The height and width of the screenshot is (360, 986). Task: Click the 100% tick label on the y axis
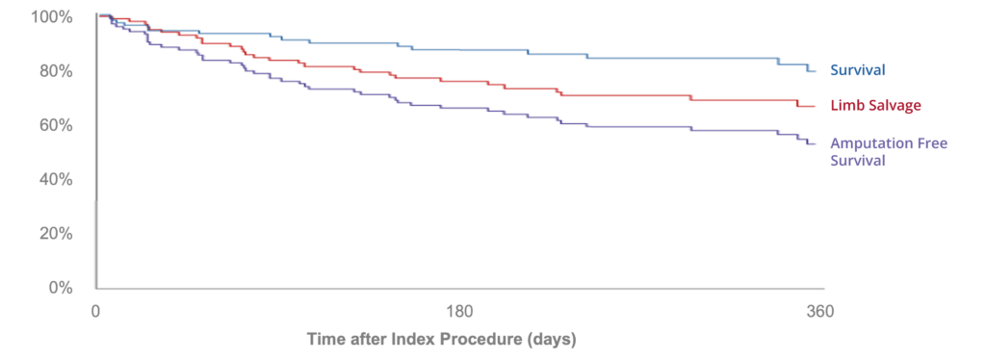pyautogui.click(x=47, y=17)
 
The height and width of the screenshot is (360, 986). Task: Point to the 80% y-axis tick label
pyautogui.click(x=50, y=71)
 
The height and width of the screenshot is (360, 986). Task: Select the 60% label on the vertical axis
pyautogui.click(x=50, y=125)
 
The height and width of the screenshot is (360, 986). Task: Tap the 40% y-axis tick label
pyautogui.click(x=50, y=179)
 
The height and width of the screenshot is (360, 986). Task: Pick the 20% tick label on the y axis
pyautogui.click(x=50, y=234)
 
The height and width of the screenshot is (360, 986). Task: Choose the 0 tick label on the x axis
pyautogui.click(x=95, y=312)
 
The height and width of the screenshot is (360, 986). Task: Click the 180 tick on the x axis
pyautogui.click(x=458, y=312)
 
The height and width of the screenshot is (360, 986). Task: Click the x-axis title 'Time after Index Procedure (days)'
pyautogui.click(x=441, y=340)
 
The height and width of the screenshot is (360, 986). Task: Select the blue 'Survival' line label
pyautogui.click(x=857, y=70)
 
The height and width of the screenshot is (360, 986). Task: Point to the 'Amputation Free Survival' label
pyautogui.click(x=888, y=152)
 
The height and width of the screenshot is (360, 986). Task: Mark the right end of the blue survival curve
pyautogui.click(x=817, y=71)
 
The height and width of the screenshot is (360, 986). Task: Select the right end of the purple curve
pyautogui.click(x=817, y=144)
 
